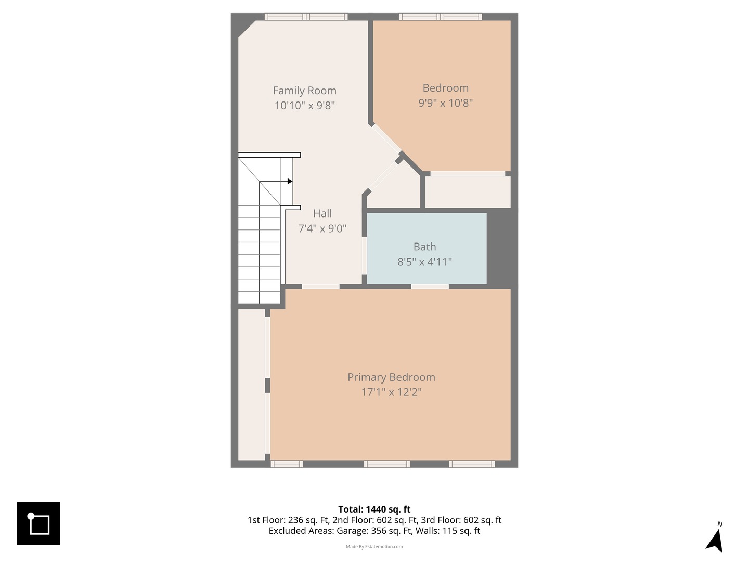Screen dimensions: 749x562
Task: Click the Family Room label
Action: (304, 91)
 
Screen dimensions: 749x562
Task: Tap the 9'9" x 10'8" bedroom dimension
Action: (445, 103)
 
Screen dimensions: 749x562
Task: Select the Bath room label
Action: (424, 247)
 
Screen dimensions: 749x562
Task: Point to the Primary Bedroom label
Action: (391, 377)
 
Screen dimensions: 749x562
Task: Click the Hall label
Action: (322, 213)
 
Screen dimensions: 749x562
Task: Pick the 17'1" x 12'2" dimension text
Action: (391, 392)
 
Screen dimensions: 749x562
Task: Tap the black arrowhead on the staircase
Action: (290, 181)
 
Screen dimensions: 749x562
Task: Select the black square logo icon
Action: (38, 523)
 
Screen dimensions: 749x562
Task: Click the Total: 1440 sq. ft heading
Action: (374, 509)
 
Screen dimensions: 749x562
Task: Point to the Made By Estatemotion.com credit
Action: (374, 546)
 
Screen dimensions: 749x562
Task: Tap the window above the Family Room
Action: (306, 17)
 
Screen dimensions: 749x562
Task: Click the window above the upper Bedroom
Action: (440, 17)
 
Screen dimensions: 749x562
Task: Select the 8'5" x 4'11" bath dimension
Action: (424, 262)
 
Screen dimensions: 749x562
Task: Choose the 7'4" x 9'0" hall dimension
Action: (322, 228)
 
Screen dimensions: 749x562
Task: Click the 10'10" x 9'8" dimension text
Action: (304, 106)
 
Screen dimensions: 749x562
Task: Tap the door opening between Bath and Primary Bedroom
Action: (430, 287)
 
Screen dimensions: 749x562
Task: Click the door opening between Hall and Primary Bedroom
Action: (321, 287)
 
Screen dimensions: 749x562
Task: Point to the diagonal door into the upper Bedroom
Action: (386, 138)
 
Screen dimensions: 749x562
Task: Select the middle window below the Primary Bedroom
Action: (387, 464)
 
